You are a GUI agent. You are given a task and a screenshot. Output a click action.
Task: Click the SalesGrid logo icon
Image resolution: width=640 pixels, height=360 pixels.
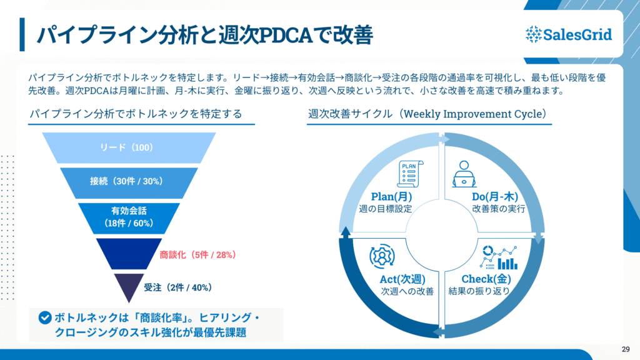[x=533, y=34]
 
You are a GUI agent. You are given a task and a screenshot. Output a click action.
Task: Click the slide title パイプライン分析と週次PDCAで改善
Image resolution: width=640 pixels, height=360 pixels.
[x=204, y=35]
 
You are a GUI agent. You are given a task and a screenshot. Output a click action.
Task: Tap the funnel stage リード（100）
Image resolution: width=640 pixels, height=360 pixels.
[x=127, y=148]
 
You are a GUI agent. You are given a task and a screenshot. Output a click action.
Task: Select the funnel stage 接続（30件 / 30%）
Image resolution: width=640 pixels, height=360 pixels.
[x=127, y=181]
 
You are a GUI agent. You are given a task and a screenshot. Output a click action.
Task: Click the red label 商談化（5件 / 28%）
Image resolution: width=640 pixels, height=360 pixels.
[x=197, y=254]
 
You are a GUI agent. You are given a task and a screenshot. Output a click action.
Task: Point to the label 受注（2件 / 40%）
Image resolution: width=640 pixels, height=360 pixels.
[x=178, y=287]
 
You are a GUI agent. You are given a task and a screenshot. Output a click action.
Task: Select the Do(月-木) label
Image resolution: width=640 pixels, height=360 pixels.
[x=497, y=197]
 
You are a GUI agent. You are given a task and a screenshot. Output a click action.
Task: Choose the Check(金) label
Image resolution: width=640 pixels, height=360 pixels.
[x=487, y=279]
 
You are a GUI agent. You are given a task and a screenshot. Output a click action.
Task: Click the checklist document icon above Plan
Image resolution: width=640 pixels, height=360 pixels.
[x=409, y=174]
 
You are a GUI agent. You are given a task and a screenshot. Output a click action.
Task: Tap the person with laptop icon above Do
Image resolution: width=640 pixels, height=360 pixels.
[x=464, y=174]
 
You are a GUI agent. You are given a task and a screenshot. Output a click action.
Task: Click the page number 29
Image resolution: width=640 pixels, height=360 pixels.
[x=626, y=349]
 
